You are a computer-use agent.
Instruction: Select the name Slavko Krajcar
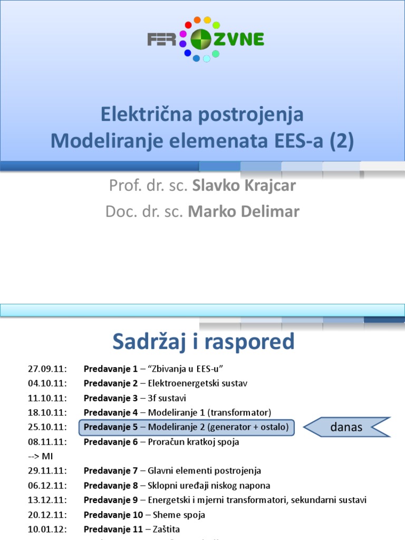(245, 186)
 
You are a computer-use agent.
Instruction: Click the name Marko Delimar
(244, 211)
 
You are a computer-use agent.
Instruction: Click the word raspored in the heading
(250, 342)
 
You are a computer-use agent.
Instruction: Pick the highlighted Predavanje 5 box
(186, 427)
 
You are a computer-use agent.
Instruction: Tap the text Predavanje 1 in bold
(110, 369)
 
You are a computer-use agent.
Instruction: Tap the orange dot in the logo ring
(197, 20)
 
